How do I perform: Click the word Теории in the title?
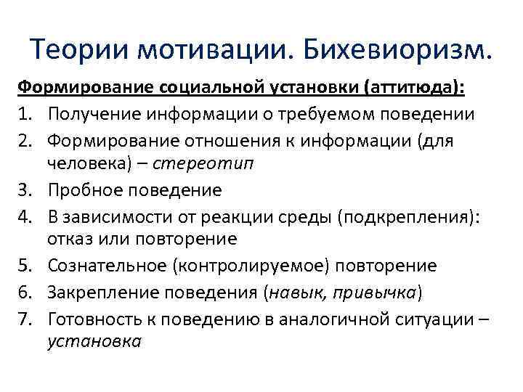pos(78,49)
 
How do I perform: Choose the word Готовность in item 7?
pos(92,317)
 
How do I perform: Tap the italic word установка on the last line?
pos(94,340)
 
